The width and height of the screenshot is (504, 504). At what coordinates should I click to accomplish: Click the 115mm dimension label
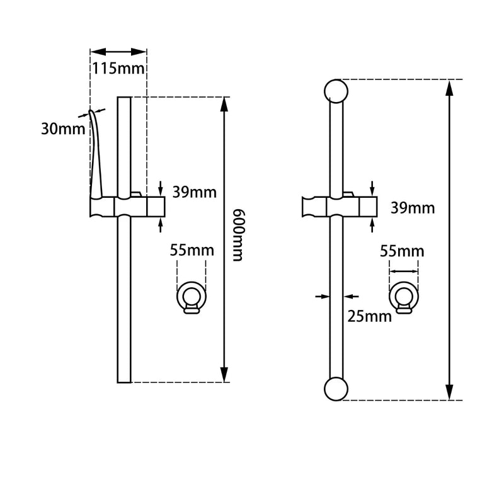pos(119,67)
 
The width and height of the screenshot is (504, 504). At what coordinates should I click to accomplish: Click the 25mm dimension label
pos(370,316)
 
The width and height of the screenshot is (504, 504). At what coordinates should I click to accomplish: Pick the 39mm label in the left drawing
pos(193,193)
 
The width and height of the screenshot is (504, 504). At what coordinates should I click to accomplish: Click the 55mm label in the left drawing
pos(192,250)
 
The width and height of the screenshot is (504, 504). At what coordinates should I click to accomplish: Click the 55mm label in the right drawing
pos(402,251)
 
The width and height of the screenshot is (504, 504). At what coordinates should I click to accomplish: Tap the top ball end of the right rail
pos(336,91)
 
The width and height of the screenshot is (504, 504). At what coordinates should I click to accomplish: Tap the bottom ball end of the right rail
pos(336,389)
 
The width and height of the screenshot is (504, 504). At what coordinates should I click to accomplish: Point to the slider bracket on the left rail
pos(125,206)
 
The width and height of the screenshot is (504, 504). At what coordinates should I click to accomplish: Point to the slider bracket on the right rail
pos(339,207)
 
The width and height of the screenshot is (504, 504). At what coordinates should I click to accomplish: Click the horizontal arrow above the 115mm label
pos(118,52)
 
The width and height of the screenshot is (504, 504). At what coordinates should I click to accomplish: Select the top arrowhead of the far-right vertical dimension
pos(449,87)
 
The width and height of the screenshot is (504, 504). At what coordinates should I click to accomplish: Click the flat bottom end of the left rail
pos(124,381)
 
